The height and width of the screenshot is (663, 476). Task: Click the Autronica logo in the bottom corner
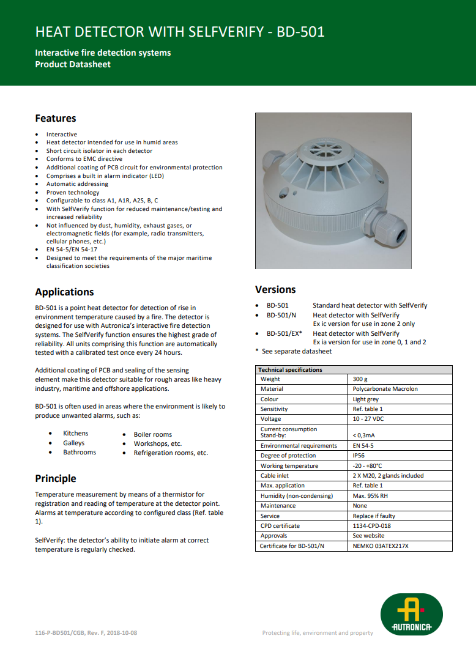411,613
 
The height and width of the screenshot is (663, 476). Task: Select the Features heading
56,118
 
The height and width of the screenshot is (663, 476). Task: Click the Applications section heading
64,292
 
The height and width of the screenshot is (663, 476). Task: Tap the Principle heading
56,478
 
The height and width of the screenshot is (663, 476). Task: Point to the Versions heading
275,289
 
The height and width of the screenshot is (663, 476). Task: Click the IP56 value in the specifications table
360,456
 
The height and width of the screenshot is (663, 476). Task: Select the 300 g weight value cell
360,379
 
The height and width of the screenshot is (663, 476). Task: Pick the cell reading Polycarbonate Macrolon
385,389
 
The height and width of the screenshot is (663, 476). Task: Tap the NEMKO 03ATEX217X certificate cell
381,546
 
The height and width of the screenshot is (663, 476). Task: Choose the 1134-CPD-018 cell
372,525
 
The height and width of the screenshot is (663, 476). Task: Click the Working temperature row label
289,465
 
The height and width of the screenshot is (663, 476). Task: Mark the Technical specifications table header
290,369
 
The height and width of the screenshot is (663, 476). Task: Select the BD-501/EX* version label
284,333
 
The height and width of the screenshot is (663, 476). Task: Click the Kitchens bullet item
76,433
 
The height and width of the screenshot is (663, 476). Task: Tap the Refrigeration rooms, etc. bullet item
171,453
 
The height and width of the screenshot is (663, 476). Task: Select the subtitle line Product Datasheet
73,64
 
